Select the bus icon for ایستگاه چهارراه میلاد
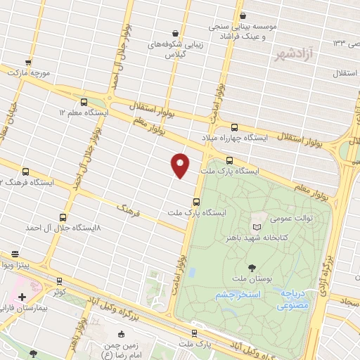click(234, 127)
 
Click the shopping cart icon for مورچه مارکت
click(28, 62)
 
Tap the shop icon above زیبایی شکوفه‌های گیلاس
click(175, 33)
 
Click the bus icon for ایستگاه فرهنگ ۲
click(26, 171)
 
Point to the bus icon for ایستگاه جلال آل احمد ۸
click(63, 217)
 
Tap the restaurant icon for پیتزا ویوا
click(15, 255)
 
